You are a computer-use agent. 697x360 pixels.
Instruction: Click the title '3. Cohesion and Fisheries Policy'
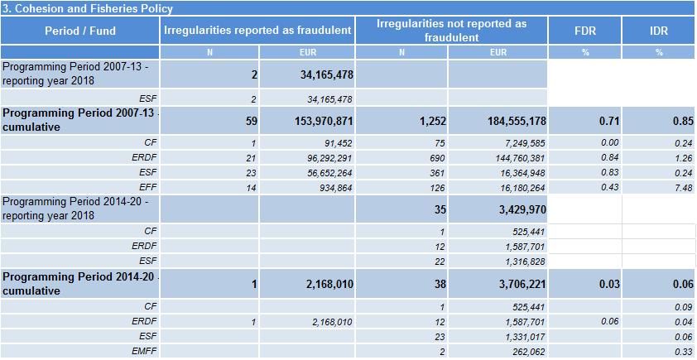88,8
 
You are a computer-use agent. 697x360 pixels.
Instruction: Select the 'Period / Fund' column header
79,31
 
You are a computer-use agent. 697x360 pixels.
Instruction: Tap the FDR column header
584,31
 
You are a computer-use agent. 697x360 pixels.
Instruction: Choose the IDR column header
659,31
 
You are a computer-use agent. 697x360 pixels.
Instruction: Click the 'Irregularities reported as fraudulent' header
257,31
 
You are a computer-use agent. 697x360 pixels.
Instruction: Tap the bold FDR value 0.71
610,121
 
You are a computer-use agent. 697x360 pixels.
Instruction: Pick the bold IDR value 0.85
684,121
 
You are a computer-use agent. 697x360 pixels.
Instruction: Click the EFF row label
149,188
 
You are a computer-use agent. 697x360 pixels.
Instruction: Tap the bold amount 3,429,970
522,209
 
